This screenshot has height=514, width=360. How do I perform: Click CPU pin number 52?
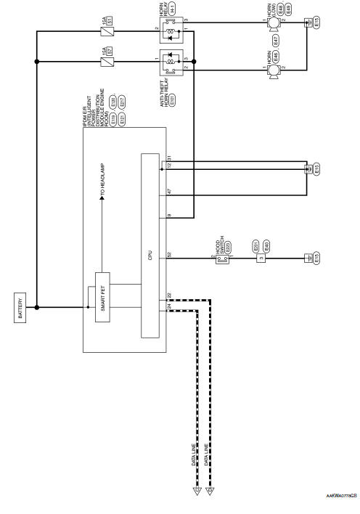pyautogui.click(x=169, y=253)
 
